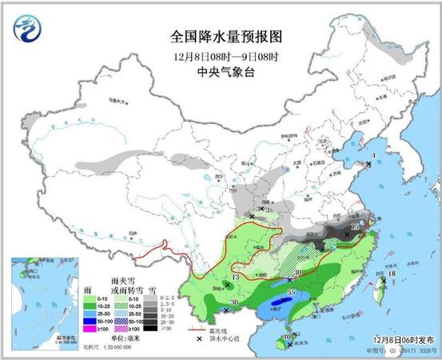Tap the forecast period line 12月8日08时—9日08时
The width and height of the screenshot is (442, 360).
[226, 57]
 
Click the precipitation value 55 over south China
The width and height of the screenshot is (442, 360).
[292, 294]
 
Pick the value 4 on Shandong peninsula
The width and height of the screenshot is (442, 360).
[374, 157]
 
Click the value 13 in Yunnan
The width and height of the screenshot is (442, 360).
[234, 278]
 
